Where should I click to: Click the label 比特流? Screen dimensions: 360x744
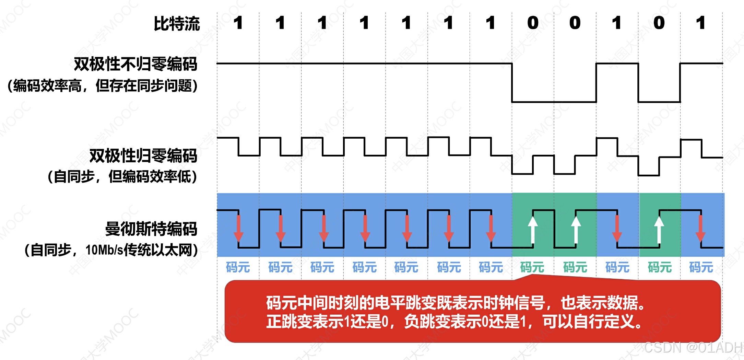point(177,24)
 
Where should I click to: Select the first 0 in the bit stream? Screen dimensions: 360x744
point(533,23)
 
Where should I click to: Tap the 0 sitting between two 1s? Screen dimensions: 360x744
point(659,23)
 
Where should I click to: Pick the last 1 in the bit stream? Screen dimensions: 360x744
point(701,23)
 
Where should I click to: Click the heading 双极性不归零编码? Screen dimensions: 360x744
point(135,64)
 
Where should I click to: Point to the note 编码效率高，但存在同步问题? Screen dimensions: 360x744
point(103,85)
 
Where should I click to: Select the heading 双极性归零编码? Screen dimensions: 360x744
point(143,156)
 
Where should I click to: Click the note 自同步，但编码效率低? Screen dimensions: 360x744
point(122,177)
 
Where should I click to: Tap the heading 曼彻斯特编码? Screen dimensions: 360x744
point(151,229)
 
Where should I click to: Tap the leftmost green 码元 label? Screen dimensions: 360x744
point(532,267)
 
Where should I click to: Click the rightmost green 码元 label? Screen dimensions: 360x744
point(660,267)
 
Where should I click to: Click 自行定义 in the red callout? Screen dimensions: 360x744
point(604,322)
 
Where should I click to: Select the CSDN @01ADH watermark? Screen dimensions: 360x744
point(693,348)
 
